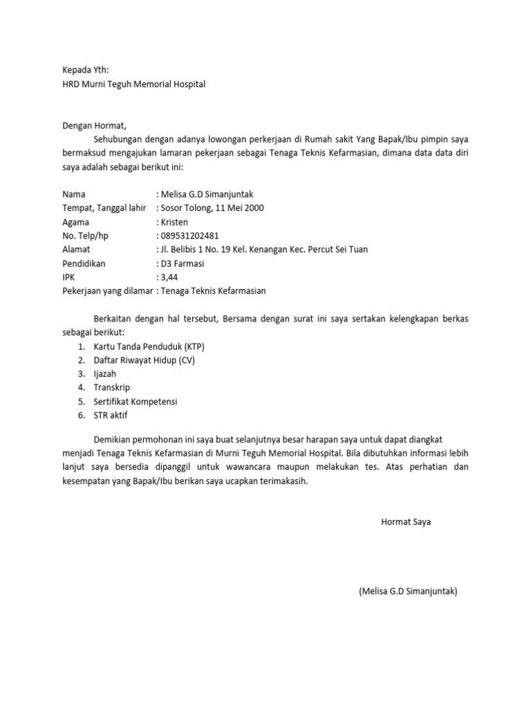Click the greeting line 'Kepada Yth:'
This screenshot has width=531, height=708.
[x=86, y=70]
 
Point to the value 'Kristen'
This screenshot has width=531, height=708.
[x=176, y=222]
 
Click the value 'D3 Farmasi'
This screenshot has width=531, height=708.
[x=183, y=263]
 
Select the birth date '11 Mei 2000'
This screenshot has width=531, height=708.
[x=239, y=208]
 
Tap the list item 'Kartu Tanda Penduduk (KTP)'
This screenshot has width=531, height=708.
[x=149, y=346]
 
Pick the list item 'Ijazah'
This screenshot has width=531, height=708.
[x=106, y=374]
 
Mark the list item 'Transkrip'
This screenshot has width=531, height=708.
[x=112, y=388]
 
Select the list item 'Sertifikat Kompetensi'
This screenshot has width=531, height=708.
[x=136, y=402]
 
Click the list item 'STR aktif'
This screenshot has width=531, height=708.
[x=111, y=416]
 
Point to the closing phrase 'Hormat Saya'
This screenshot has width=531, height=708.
[x=406, y=522]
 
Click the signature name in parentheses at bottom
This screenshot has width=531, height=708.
[x=408, y=592]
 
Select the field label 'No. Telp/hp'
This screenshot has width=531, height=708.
[x=85, y=236]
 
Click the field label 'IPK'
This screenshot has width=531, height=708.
[x=69, y=277]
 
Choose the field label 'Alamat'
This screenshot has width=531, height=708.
[x=76, y=250]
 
